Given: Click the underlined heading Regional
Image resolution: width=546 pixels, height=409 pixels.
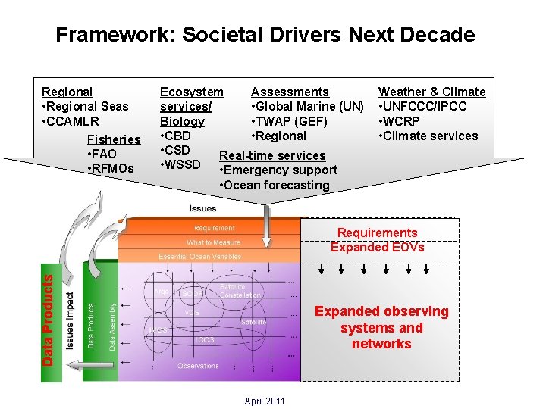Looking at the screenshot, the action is (67, 92).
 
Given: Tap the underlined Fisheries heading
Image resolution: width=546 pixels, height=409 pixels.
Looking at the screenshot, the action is (114, 139).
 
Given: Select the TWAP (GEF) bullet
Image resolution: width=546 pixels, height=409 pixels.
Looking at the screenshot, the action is (289, 121).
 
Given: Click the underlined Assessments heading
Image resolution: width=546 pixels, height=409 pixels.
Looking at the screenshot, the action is (290, 92).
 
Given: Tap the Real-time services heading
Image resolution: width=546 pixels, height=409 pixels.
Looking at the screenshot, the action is (272, 155).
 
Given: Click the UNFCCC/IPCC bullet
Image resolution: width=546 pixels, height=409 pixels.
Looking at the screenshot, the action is (422, 106).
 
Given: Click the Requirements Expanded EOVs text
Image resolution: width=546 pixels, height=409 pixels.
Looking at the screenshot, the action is (377, 239).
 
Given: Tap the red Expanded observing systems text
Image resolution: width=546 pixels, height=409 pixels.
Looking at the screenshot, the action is (381, 327).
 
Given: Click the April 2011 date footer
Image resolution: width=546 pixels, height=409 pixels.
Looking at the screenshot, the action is (265, 401).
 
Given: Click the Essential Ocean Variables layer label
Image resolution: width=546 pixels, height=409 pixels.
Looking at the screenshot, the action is (199, 257).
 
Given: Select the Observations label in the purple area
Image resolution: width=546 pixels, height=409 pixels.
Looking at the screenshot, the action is (198, 366).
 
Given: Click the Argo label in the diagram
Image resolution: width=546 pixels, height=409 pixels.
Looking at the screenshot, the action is (161, 292).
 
